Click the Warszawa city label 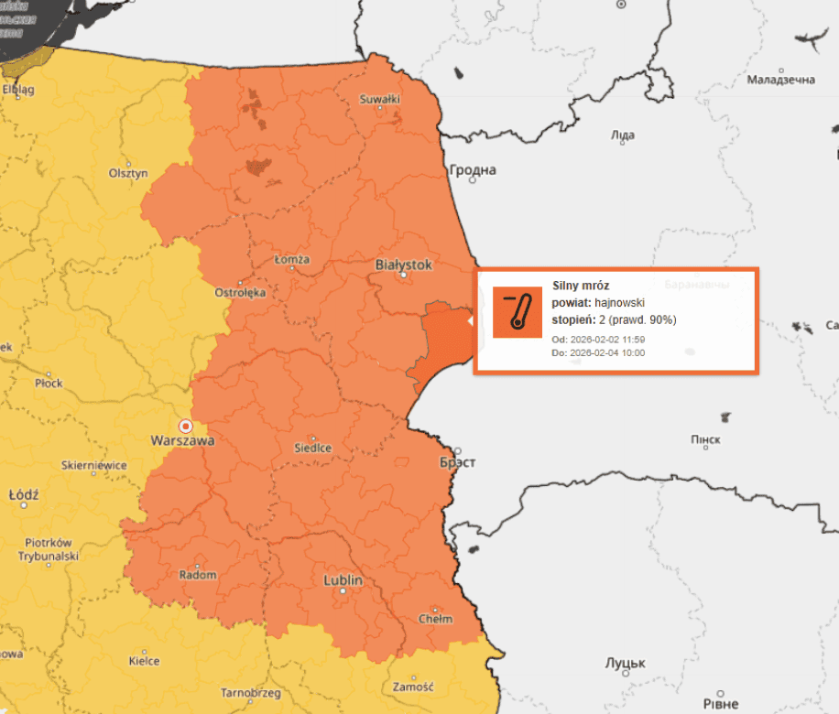click(182, 440)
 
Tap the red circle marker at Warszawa click(186, 426)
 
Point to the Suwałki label click(379, 99)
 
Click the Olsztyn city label click(128, 173)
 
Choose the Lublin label click(343, 580)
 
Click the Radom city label click(199, 575)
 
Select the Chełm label click(435, 619)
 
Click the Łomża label click(292, 259)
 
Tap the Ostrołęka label click(240, 293)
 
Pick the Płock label click(49, 383)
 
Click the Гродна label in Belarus click(473, 170)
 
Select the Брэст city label click(457, 462)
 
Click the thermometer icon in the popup click(518, 312)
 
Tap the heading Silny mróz click(581, 286)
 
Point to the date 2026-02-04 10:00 click(606, 352)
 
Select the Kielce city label click(144, 660)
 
